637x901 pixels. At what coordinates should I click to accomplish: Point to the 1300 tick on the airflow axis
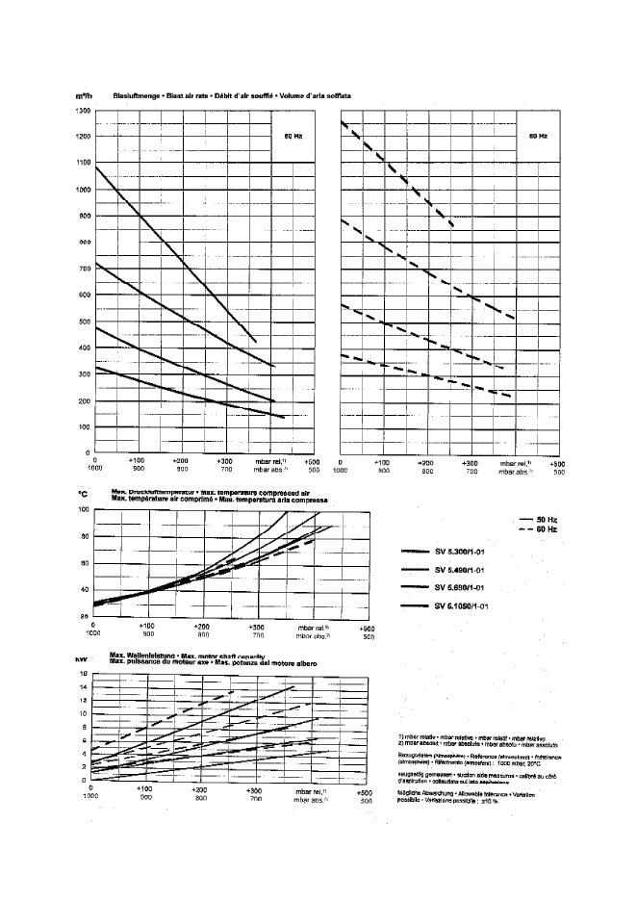(82, 112)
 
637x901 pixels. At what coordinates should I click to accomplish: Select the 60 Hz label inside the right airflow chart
(538, 137)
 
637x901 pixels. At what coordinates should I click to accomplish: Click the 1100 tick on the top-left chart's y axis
(82, 164)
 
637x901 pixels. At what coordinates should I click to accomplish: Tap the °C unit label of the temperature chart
(83, 494)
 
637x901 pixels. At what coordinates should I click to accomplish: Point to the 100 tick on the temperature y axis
(84, 508)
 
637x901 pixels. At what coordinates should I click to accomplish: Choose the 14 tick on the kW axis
(85, 686)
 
